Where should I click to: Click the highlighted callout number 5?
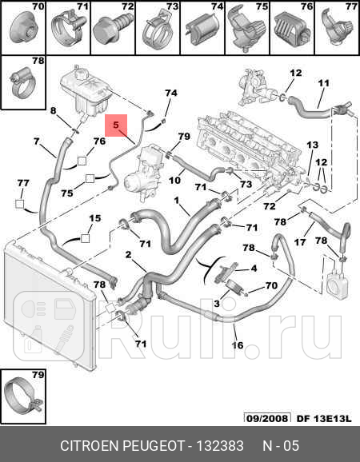point(115,125)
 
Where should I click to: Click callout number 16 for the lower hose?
point(238,345)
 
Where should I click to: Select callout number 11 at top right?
point(324,82)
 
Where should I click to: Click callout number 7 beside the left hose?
point(37,141)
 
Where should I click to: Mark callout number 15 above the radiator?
point(94,217)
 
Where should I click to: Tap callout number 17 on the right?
point(300,242)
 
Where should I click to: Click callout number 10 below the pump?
point(174,181)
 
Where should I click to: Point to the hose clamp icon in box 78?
point(21,78)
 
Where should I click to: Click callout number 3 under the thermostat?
point(216,304)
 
